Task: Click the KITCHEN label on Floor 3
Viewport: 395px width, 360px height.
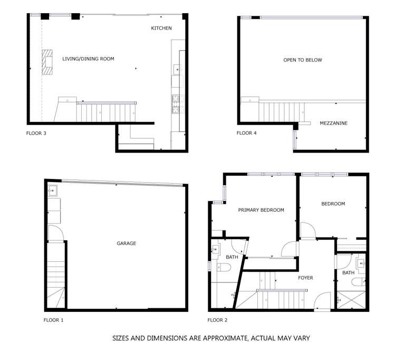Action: click(x=161, y=28)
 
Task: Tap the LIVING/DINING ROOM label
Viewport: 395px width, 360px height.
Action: click(x=88, y=59)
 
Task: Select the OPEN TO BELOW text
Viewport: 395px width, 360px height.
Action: click(x=303, y=60)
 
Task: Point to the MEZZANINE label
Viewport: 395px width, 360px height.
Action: click(x=333, y=124)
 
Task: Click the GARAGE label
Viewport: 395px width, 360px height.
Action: click(x=126, y=243)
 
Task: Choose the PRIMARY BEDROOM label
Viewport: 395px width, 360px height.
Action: click(x=261, y=210)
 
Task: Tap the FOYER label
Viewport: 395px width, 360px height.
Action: click(x=305, y=278)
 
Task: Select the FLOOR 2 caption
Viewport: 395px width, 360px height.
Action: click(x=218, y=320)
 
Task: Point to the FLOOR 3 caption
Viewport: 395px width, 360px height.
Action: click(x=36, y=133)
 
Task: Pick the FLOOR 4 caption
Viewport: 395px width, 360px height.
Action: click(x=247, y=133)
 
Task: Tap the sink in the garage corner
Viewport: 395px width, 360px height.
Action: click(x=54, y=191)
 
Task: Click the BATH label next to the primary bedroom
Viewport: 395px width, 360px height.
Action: click(x=232, y=258)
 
